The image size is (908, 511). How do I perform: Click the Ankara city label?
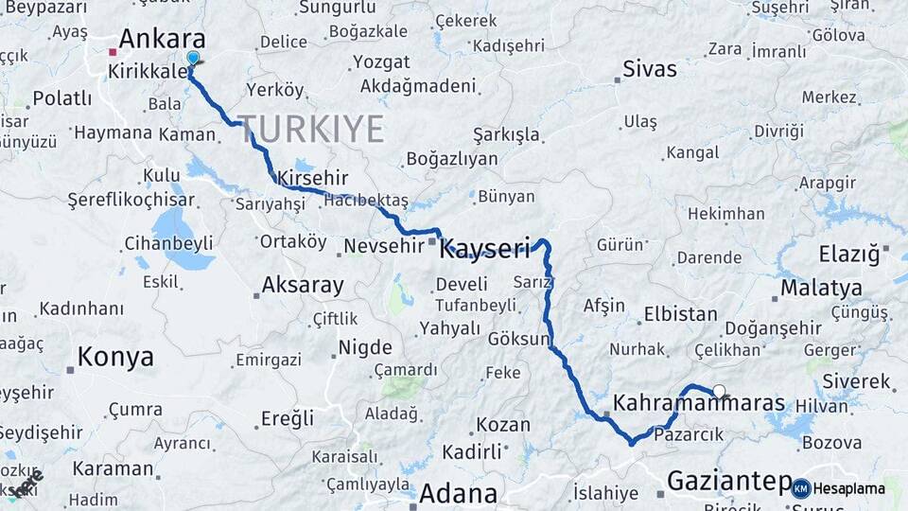pyautogui.click(x=162, y=40)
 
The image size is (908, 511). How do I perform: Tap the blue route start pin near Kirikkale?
pyautogui.click(x=193, y=59)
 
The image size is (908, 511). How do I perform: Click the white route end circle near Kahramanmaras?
pyautogui.click(x=719, y=391)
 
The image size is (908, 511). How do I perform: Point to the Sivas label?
pyautogui.click(x=650, y=69)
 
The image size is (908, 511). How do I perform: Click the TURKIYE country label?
pyautogui.click(x=310, y=129)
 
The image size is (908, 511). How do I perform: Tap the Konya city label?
pyautogui.click(x=115, y=357)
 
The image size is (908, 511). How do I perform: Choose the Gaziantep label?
pyautogui.click(x=728, y=482)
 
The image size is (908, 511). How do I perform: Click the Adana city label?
pyautogui.click(x=458, y=493)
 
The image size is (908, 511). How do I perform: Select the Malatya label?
pyautogui.click(x=822, y=288)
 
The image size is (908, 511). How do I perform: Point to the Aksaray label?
pyautogui.click(x=303, y=285)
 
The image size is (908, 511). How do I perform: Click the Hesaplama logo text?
pyautogui.click(x=849, y=489)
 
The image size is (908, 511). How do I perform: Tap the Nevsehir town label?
pyautogui.click(x=380, y=246)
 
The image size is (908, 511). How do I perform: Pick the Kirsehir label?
pyautogui.click(x=313, y=178)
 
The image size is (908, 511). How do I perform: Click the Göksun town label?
pyautogui.click(x=519, y=339)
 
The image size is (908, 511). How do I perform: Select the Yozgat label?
pyautogui.click(x=381, y=62)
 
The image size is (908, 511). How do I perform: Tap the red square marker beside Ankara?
pyautogui.click(x=113, y=52)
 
